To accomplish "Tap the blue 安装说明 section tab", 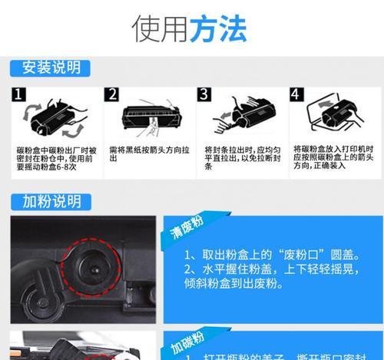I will coord(48,67).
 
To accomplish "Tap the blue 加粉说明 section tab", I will coord(48,201).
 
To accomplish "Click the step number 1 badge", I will coord(19,95).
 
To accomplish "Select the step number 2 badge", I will coord(112,95).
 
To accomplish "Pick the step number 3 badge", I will coord(204,95).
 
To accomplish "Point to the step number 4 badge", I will coord(296,95).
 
